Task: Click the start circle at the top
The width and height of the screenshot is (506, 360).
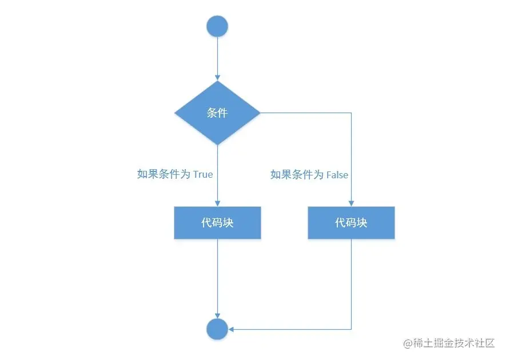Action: coord(217,26)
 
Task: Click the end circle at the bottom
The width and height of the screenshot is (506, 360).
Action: coord(217,329)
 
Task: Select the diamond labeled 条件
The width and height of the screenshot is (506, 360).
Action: coord(217,113)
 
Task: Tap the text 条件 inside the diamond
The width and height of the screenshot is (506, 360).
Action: coord(217,113)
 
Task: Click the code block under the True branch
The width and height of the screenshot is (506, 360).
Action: coord(217,223)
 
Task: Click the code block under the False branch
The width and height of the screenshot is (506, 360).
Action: coord(351,223)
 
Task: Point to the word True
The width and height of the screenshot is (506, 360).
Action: coord(203,174)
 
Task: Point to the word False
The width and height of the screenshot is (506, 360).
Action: coord(337,175)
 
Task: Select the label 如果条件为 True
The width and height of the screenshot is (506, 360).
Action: coord(175,174)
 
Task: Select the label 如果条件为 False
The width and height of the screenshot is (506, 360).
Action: coord(309,175)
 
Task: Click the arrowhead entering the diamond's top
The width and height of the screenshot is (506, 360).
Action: coord(217,78)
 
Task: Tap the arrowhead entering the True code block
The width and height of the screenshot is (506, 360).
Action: coord(217,203)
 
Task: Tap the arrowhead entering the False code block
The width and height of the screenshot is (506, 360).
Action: coord(351,203)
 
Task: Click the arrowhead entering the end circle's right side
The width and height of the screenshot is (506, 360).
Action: coord(232,329)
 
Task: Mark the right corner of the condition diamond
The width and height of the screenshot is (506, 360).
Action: coord(260,113)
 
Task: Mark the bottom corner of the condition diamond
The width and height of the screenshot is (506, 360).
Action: coord(217,144)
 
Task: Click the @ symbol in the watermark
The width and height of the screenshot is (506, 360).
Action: coord(408,343)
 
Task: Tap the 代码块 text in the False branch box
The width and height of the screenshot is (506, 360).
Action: coord(351,223)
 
